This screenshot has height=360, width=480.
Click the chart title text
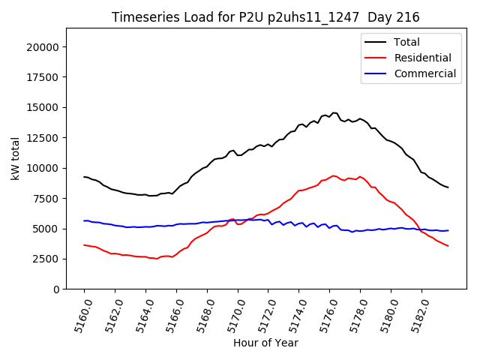265,17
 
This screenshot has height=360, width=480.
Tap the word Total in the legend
406,42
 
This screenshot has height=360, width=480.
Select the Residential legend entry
422,58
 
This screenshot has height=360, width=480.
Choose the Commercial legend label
424,73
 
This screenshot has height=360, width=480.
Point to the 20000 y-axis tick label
43,46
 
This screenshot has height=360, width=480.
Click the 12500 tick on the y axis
43,137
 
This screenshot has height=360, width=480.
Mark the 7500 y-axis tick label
46,198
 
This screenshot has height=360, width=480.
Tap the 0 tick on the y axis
57,289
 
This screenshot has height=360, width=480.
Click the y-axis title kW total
16,158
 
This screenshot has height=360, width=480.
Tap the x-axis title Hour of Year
265,343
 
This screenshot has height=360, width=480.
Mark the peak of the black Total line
334,112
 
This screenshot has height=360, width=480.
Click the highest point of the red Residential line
334,175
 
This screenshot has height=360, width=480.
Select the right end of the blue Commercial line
448,230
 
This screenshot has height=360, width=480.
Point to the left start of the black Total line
84,177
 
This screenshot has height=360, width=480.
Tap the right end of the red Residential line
448,246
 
